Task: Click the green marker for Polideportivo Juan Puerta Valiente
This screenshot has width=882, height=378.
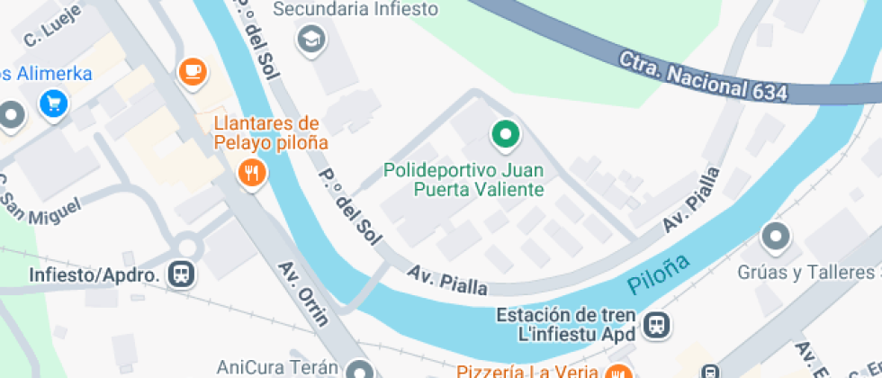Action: (505, 135)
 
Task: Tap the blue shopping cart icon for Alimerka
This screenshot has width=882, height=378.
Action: (53, 103)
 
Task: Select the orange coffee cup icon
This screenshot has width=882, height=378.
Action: (192, 70)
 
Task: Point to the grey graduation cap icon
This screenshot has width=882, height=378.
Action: (311, 40)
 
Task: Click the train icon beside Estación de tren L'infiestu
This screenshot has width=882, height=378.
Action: (657, 325)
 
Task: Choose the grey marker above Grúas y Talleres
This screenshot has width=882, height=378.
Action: (775, 238)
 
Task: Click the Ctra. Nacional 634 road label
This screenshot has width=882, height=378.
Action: (703, 76)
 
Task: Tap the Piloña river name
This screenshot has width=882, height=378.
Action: (659, 276)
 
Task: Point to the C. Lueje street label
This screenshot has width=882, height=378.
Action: (53, 24)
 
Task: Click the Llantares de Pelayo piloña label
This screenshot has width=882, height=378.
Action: (270, 131)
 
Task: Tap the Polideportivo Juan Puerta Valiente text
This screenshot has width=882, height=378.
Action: (463, 179)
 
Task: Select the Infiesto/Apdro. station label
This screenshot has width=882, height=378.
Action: (94, 274)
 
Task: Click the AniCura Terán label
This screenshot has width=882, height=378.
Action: (276, 367)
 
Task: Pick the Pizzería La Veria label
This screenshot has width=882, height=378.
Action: (527, 371)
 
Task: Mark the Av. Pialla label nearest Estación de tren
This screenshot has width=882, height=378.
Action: (447, 281)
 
